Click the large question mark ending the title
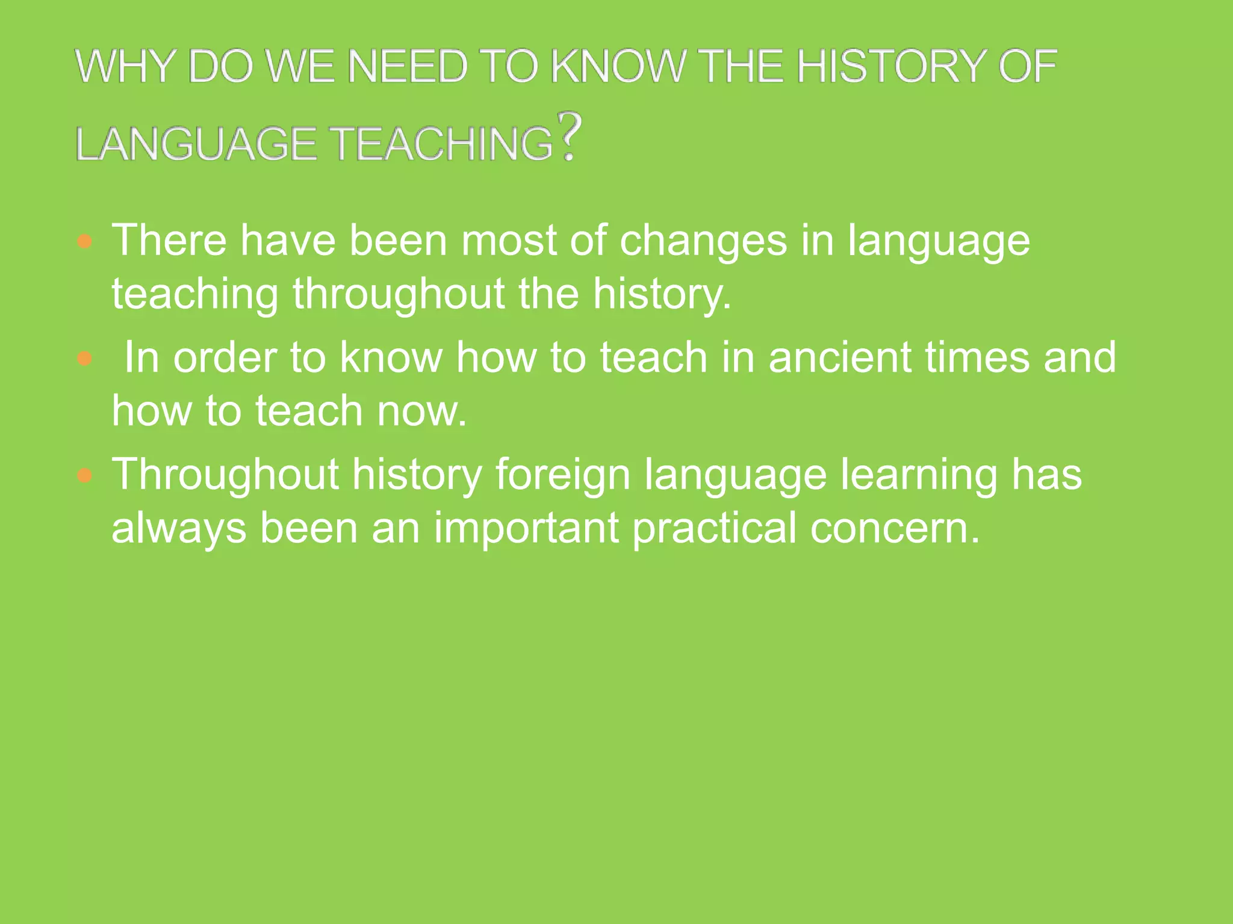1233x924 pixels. [x=570, y=137]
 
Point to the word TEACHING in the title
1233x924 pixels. [x=443, y=144]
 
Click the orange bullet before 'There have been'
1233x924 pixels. [x=85, y=242]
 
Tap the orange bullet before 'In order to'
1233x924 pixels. [x=85, y=359]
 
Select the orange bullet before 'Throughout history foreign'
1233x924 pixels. [x=85, y=476]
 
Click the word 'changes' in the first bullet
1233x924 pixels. [x=703, y=241]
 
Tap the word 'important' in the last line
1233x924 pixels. [x=526, y=528]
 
